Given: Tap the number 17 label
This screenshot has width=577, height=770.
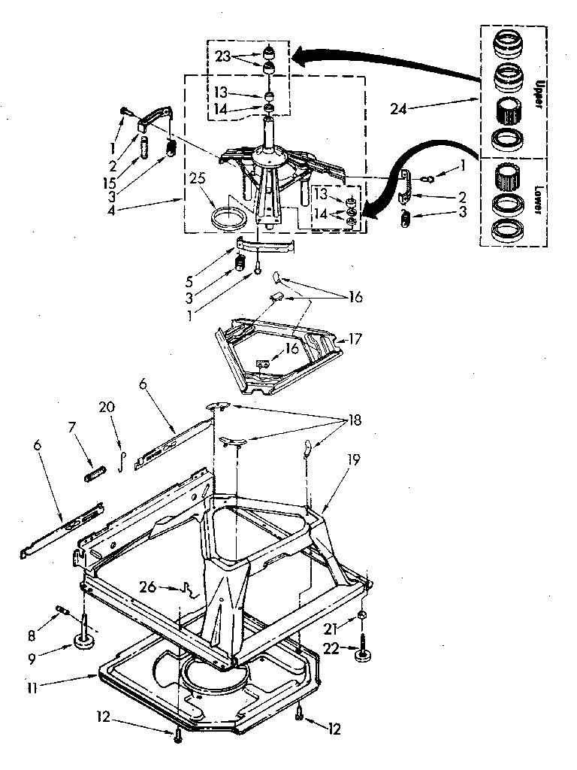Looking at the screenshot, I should point(355,340).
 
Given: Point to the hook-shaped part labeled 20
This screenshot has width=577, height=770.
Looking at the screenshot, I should point(121,459).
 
